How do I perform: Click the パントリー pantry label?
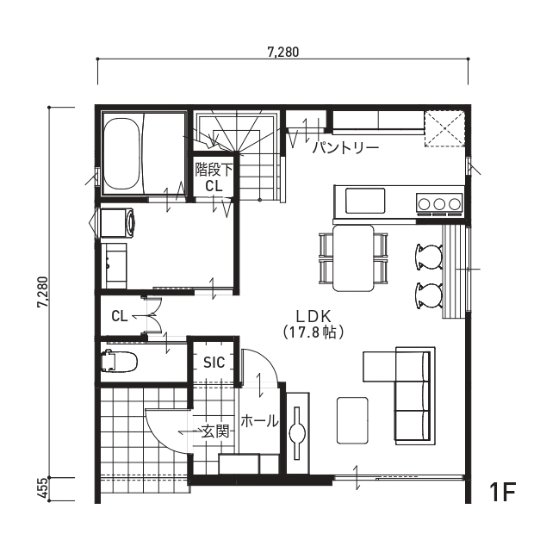[x=345, y=148]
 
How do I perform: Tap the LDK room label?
[x=313, y=316]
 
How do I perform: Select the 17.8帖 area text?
[x=313, y=332]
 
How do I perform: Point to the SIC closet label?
[x=214, y=363]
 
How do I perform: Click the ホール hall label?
[x=259, y=421]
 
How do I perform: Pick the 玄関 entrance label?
[x=215, y=431]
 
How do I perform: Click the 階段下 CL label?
[x=214, y=177]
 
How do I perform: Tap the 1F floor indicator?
[x=502, y=493]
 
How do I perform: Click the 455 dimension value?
[x=43, y=488]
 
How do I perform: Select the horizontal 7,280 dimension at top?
[x=283, y=53]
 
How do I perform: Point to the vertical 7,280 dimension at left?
[x=43, y=292]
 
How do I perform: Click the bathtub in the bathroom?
[x=122, y=154]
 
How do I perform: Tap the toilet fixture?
[x=119, y=361]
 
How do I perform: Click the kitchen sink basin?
[x=365, y=201]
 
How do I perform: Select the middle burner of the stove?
[x=439, y=204]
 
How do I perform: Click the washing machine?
[x=117, y=222]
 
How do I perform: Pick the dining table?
[x=353, y=258]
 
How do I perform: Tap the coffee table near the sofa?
[x=352, y=420]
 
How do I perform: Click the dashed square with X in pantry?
[x=444, y=128]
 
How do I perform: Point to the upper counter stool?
[x=429, y=257]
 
